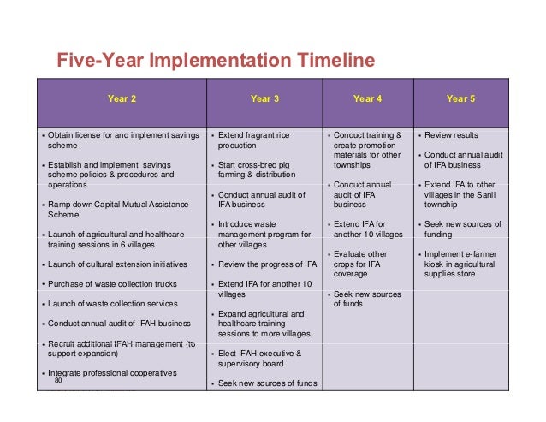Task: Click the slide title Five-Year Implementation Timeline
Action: click(x=215, y=61)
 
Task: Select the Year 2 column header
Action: click(x=122, y=99)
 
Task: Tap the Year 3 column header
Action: click(x=264, y=99)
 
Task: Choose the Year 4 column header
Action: click(x=367, y=99)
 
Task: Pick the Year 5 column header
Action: click(x=461, y=99)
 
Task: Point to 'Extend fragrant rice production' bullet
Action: click(x=253, y=141)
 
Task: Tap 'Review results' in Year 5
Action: click(x=454, y=136)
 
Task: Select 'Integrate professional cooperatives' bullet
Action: click(x=112, y=373)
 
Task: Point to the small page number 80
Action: click(x=58, y=381)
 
